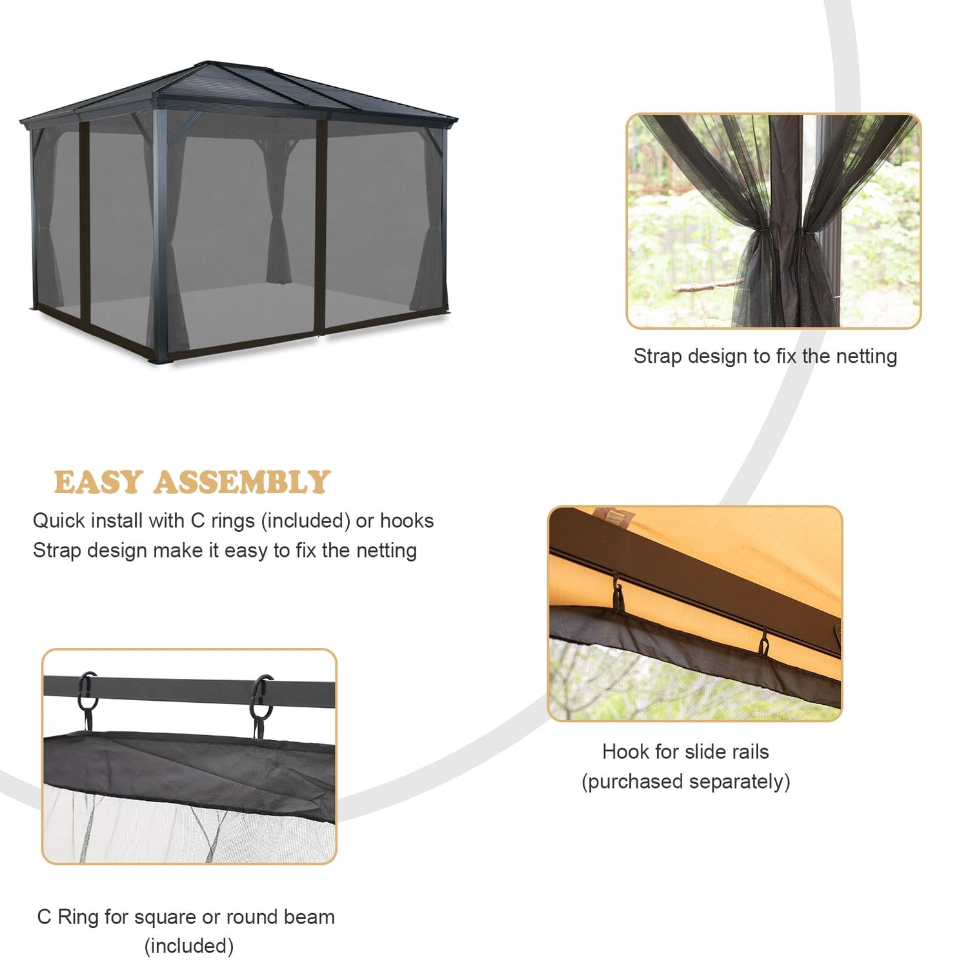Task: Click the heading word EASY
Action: (x=98, y=482)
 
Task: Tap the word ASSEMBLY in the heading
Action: (x=242, y=482)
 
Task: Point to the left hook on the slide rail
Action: (x=618, y=594)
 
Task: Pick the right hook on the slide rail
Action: (x=764, y=643)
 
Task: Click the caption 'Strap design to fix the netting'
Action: (x=765, y=356)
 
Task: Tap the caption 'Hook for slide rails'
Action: (x=685, y=752)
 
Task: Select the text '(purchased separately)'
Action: (x=686, y=781)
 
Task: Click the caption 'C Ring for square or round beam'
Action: (x=186, y=917)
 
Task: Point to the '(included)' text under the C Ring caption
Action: (x=189, y=946)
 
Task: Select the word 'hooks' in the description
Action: (x=407, y=521)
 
